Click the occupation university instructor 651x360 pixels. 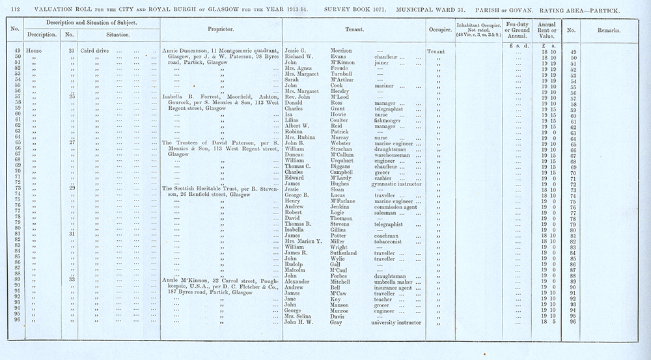[x=401, y=322]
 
